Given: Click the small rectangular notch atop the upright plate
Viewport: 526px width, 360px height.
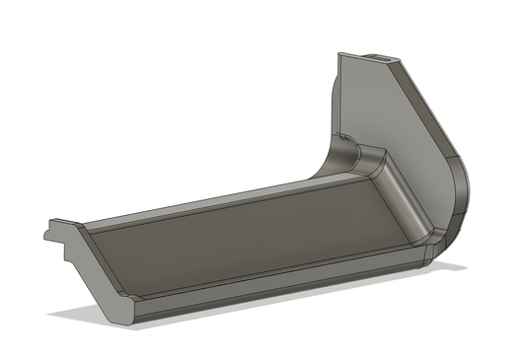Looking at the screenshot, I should [x=381, y=57].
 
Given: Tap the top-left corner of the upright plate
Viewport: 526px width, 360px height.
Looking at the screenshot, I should [x=339, y=54].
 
